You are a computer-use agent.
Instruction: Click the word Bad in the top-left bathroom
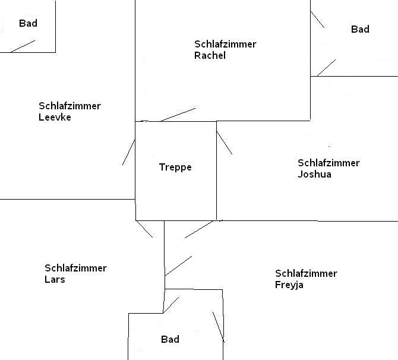pos(28,24)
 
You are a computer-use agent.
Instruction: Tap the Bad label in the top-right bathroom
pos(360,29)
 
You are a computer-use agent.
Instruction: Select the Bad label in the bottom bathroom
pos(170,340)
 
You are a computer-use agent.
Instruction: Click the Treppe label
pos(175,168)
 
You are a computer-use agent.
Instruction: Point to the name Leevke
pos(55,118)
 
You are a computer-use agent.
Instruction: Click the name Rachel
pos(210,56)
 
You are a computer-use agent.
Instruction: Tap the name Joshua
pos(314,175)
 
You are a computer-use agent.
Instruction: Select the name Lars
pos(55,280)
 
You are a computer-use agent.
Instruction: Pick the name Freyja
pos(290,285)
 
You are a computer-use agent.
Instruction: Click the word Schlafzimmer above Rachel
pos(225,45)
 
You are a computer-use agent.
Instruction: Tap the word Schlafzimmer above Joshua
pos(328,163)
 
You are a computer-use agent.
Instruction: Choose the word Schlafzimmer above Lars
pos(75,269)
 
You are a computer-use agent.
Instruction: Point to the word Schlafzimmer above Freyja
pos(306,274)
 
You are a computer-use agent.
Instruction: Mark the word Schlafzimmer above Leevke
pos(70,106)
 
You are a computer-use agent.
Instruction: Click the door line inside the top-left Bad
pos(23,46)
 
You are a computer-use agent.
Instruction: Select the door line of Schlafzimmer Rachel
pos(178,114)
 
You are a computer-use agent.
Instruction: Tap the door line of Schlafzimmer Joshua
pos(225,143)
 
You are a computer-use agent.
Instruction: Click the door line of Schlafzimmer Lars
pos(144,229)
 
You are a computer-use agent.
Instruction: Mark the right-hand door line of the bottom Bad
pos(218,326)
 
